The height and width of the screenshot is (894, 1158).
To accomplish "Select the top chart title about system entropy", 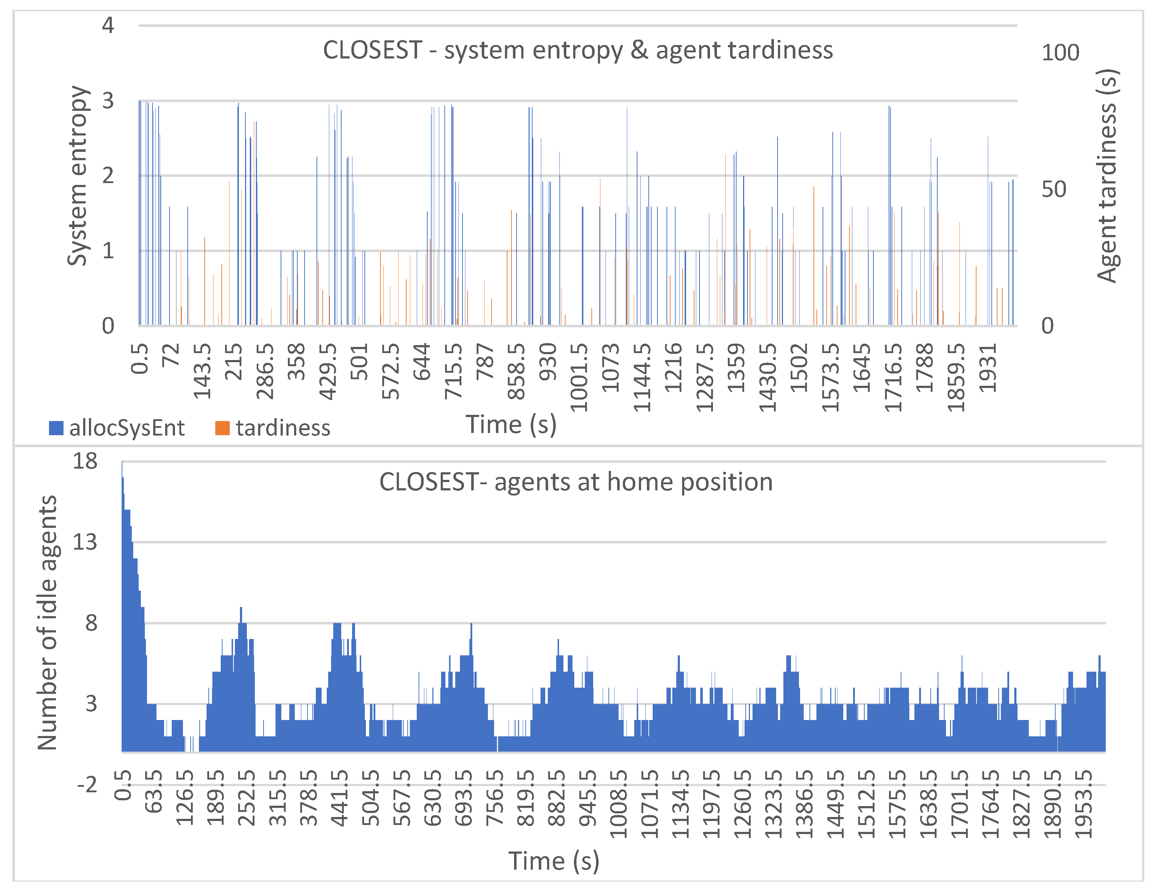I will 578,50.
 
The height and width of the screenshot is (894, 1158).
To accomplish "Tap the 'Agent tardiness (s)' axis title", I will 1107,175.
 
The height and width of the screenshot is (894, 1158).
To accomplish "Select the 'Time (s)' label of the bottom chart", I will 554,861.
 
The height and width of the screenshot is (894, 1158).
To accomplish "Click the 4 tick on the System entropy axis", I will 108,25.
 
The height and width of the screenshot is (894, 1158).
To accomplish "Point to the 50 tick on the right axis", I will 1053,189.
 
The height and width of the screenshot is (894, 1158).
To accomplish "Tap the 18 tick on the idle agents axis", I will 85,461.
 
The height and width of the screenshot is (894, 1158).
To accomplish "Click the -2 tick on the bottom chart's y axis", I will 87,784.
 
